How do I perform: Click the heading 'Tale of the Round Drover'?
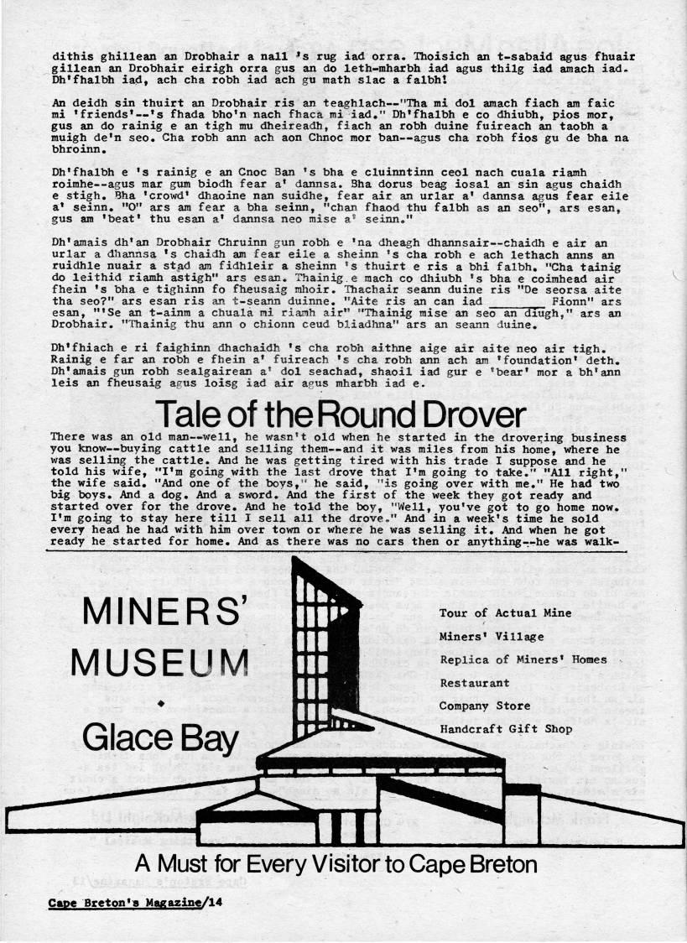click(341, 415)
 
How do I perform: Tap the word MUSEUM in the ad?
click(159, 665)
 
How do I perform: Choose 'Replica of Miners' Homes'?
click(523, 659)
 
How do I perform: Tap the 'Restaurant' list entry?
click(474, 683)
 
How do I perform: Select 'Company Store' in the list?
click(485, 706)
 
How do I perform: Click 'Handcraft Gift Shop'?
click(506, 729)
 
